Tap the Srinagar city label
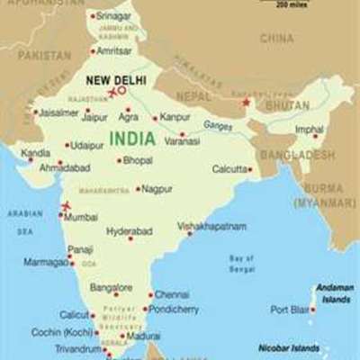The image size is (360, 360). pyautogui.click(x=112, y=16)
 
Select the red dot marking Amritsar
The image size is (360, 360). pyautogui.click(x=90, y=51)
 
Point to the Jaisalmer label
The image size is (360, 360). pyautogui.click(x=59, y=112)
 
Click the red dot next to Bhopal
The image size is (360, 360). pyautogui.click(x=119, y=161)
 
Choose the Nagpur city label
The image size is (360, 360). pyautogui.click(x=157, y=189)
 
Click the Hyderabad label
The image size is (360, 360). pyautogui.click(x=129, y=230)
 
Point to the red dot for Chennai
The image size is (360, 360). pyautogui.click(x=149, y=294)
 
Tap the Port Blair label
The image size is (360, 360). pyautogui.click(x=289, y=310)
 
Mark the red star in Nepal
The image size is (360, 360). pyautogui.click(x=245, y=103)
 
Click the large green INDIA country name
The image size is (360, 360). pyautogui.click(x=130, y=139)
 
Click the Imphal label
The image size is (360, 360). pyautogui.click(x=309, y=130)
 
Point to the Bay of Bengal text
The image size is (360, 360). pyautogui.click(x=241, y=263)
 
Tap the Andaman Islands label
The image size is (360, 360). pyautogui.click(x=334, y=293)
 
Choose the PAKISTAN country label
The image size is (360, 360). pyautogui.click(x=44, y=55)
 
